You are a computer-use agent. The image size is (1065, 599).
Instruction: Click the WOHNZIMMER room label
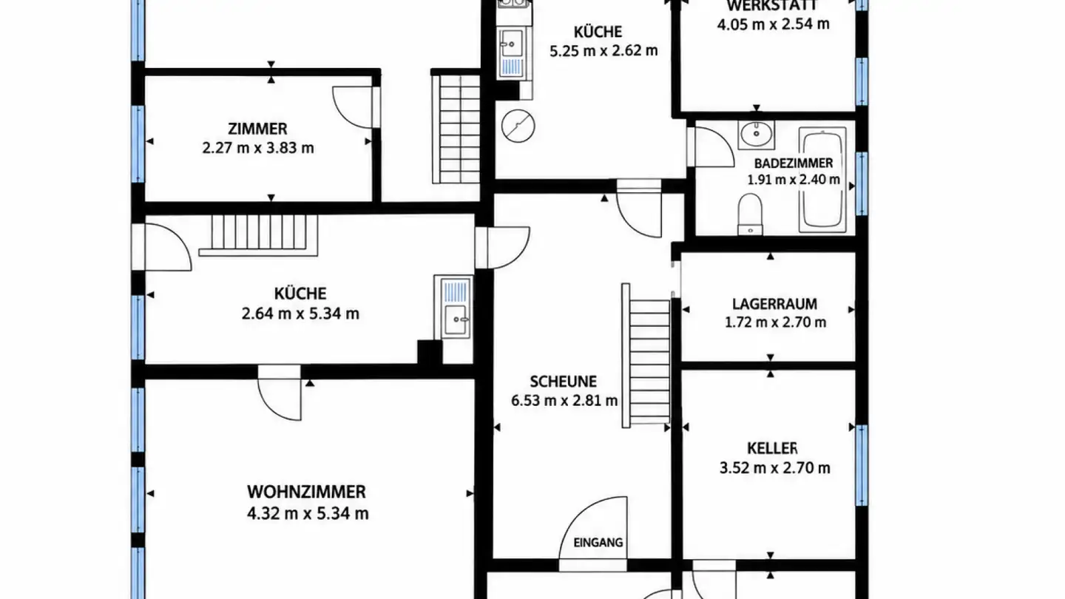point(306,492)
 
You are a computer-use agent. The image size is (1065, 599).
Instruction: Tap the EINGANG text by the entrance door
point(598,543)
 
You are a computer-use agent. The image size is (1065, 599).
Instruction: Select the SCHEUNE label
point(564,382)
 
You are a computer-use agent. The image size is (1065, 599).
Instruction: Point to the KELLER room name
point(772,448)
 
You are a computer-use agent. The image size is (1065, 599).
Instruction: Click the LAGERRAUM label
point(774,304)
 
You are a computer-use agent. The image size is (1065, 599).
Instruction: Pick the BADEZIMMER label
point(794,163)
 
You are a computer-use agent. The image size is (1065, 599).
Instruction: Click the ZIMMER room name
point(257,129)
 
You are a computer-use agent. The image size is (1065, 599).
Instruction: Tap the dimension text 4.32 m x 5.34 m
point(308,513)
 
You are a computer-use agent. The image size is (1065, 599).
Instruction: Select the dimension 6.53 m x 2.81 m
point(564,400)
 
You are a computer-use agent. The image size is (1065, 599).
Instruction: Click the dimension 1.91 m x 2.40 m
point(794,180)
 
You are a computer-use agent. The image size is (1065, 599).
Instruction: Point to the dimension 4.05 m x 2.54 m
point(773,24)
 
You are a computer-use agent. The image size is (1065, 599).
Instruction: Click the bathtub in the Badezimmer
point(822,180)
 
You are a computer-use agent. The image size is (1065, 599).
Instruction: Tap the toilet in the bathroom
point(750,214)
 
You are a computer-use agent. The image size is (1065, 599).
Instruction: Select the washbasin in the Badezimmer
point(756,135)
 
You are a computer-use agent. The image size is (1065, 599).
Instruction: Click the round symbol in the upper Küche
point(518,126)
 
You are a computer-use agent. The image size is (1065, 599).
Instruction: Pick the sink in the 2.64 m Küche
point(453,307)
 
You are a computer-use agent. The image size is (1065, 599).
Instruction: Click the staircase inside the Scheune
point(646,356)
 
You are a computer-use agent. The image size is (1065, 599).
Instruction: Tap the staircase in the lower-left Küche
point(258,236)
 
